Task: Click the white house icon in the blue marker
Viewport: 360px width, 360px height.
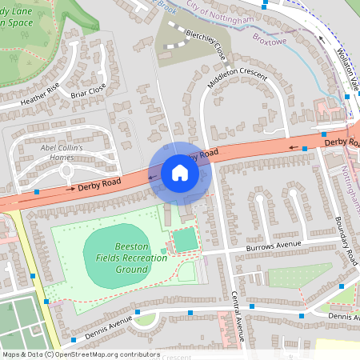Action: coord(180,173)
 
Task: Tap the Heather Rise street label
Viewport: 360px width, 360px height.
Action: coord(40,96)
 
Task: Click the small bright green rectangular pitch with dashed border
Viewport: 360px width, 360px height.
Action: coord(185,239)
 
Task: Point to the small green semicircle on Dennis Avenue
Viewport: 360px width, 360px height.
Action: coord(145,319)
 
